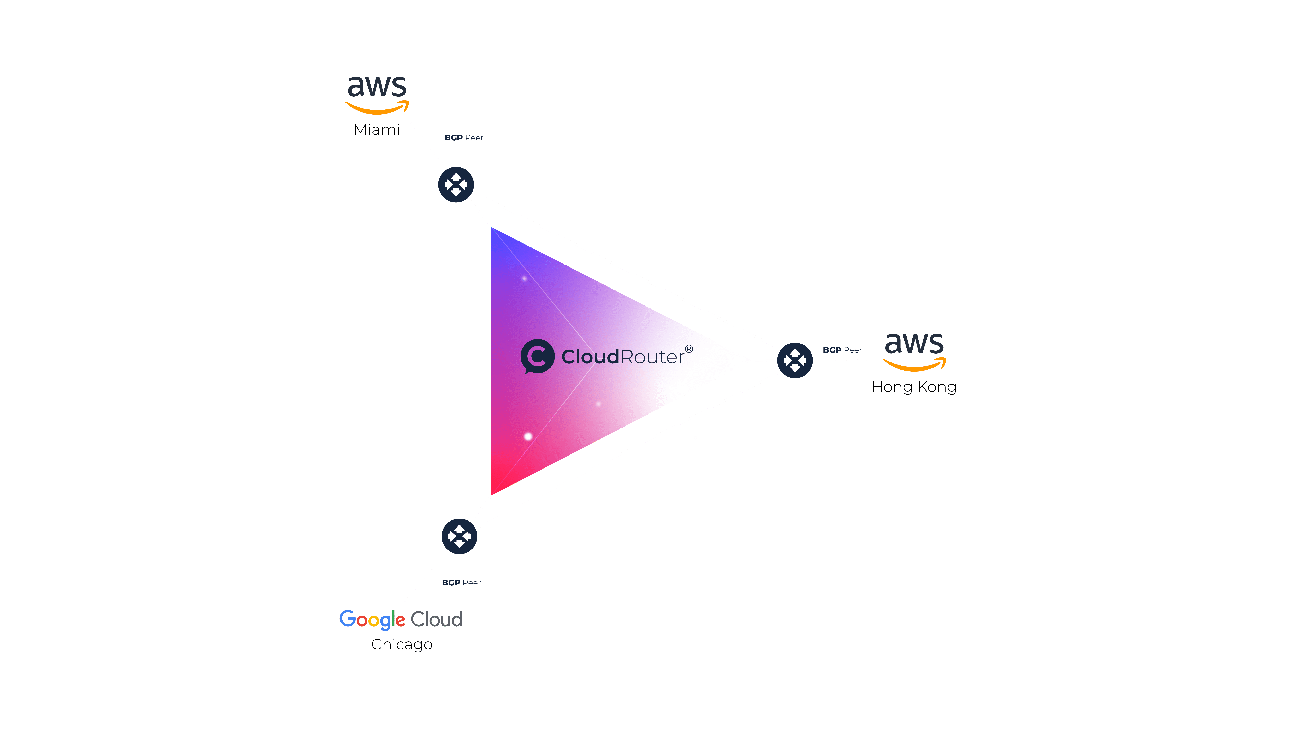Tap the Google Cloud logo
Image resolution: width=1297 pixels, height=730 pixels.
(401, 619)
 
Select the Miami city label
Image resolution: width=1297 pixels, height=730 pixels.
(377, 130)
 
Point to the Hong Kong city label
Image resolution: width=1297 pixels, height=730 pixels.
(914, 387)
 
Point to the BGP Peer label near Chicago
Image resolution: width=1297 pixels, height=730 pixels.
(461, 582)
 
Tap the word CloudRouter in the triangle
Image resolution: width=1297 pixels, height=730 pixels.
(623, 357)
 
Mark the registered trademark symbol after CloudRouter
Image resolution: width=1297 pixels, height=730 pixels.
(689, 349)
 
